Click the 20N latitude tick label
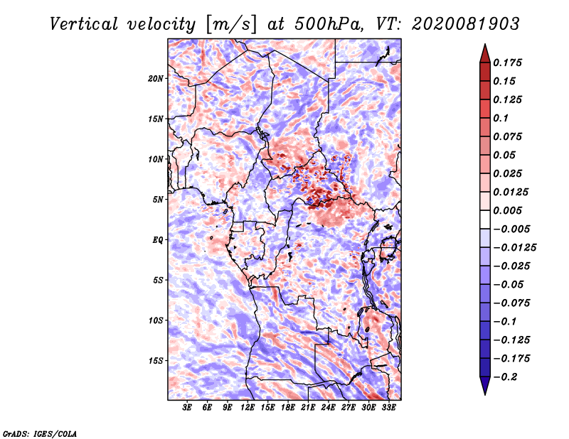[x=155, y=79]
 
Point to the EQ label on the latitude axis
[x=158, y=240]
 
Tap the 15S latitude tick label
[x=155, y=361]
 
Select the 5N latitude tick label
[x=158, y=200]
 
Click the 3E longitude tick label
[x=187, y=407]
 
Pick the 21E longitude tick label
[x=308, y=407]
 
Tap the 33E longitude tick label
[x=388, y=407]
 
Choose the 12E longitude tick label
[x=247, y=407]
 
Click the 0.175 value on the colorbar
[x=507, y=63]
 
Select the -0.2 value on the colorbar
[x=505, y=377]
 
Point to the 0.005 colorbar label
[x=507, y=210]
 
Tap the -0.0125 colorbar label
[x=514, y=248]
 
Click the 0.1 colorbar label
[x=501, y=118]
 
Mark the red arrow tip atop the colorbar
[x=485, y=44]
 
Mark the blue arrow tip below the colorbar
[x=485, y=394]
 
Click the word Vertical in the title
[x=83, y=24]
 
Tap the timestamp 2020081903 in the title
[x=466, y=24]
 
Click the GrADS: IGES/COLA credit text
[x=40, y=433]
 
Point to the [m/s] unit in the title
[x=231, y=24]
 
